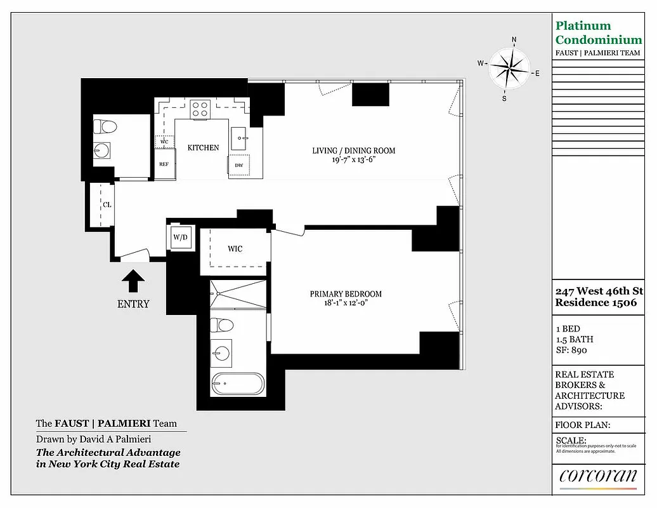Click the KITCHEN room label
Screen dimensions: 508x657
pos(203,147)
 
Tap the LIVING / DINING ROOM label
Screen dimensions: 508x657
pos(353,150)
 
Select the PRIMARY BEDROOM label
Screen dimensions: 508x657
pos(346,294)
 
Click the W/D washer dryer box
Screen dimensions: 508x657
pos(180,237)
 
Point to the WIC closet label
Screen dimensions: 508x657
pos(235,248)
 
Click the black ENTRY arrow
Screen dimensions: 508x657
pos(133,281)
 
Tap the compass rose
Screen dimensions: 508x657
pos(509,68)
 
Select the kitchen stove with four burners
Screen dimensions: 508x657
pos(200,109)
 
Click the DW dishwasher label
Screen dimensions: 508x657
pos(239,166)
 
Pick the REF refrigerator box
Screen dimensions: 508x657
pos(164,164)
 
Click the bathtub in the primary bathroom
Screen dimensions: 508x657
pos(237,384)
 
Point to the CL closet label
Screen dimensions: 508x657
pos(108,204)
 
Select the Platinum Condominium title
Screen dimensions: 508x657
pos(598,33)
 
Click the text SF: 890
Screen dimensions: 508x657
pos(571,350)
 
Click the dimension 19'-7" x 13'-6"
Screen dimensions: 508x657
pos(353,160)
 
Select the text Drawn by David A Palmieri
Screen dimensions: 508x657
pos(93,439)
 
